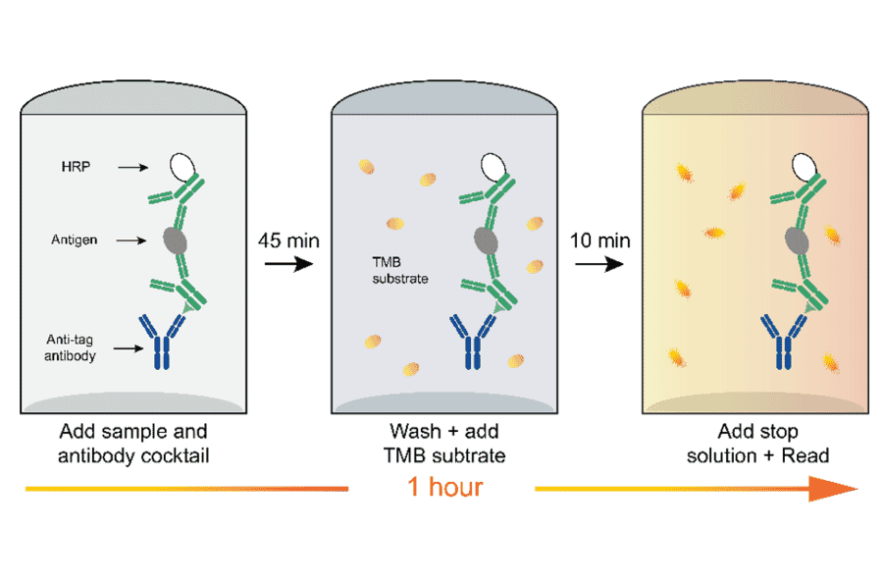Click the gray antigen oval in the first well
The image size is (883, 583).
pos(177,238)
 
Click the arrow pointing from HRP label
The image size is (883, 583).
pos(130,168)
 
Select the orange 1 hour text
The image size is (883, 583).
pos(442,487)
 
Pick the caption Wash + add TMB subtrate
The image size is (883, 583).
pos(443,443)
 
